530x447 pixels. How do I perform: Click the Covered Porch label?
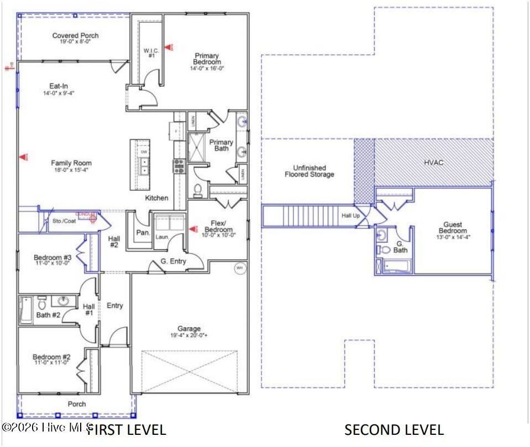(75, 36)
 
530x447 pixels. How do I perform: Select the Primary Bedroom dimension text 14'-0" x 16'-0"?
(206, 69)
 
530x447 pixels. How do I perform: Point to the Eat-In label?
(59, 86)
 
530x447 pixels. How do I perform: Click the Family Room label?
(71, 163)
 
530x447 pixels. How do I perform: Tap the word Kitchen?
(156, 198)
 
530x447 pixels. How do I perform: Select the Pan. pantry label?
(143, 233)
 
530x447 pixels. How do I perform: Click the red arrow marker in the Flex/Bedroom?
(192, 228)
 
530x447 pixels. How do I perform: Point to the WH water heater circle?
(239, 269)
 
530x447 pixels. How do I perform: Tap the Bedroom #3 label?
(53, 257)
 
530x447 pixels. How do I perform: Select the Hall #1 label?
(88, 309)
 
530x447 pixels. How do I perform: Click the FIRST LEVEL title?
(126, 429)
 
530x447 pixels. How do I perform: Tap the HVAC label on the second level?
(433, 162)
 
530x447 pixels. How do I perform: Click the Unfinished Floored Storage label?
(309, 171)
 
